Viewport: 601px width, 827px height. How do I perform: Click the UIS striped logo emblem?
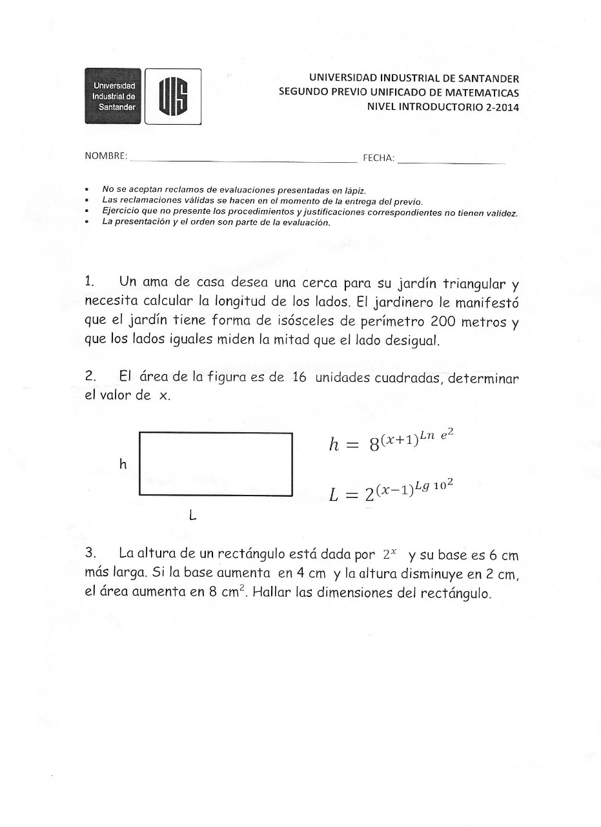pos(173,96)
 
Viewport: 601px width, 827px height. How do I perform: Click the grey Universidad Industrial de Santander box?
pos(113,96)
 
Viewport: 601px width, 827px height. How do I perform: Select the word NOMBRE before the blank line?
pos(105,157)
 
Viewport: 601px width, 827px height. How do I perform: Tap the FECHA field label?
pos(378,158)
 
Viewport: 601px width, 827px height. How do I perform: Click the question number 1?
pos(90,282)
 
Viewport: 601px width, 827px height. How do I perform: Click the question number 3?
pos(90,554)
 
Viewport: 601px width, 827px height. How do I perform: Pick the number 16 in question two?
pos(299,377)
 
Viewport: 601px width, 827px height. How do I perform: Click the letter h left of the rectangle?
pos(123,464)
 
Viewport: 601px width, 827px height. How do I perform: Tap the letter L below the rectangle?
pos(192,516)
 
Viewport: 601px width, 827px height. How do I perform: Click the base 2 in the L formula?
pos(369,496)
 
